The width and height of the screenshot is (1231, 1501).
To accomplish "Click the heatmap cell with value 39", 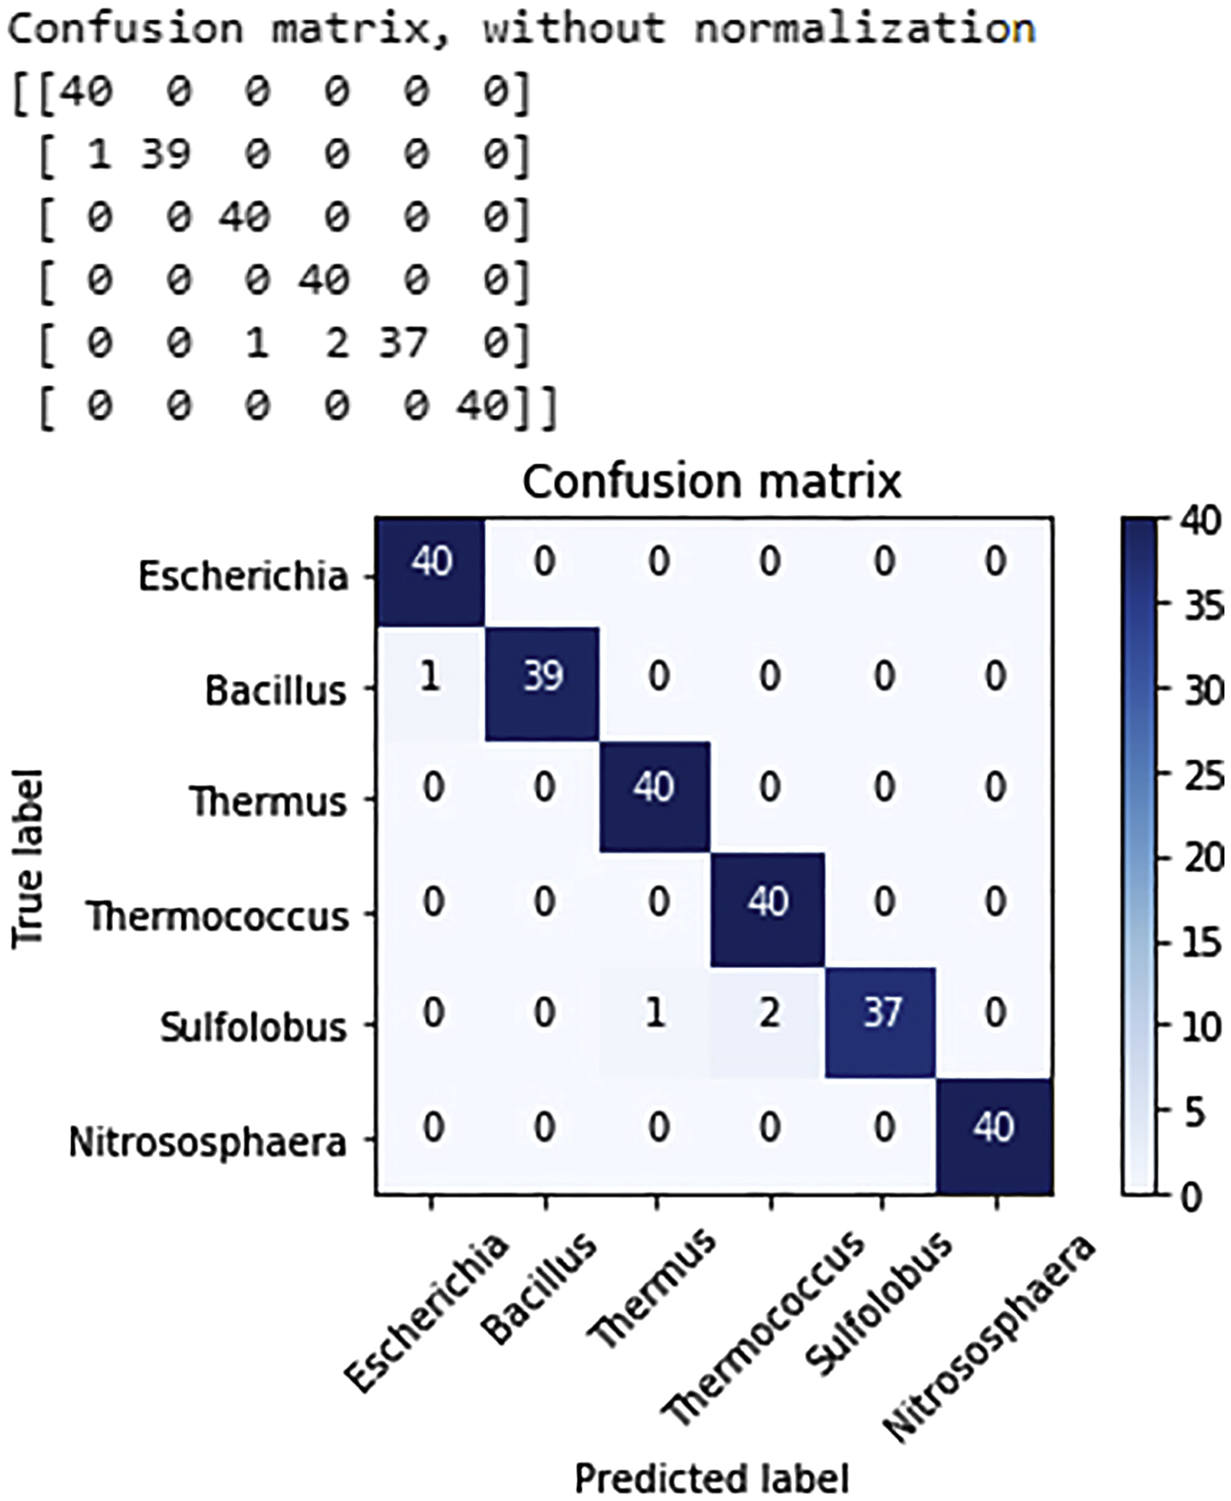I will pyautogui.click(x=543, y=685).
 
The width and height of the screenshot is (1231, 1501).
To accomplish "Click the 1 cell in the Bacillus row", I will pyautogui.click(x=430, y=685).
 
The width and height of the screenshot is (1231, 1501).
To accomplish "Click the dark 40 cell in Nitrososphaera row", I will pyautogui.click(x=993, y=1136).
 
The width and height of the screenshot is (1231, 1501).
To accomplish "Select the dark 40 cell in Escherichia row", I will pyautogui.click(x=430, y=571).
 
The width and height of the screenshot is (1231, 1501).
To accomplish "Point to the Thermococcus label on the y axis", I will pyautogui.click(x=218, y=916).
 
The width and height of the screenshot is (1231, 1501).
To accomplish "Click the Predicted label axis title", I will pyautogui.click(x=711, y=1478).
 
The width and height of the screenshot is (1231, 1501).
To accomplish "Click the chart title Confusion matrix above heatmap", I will pyautogui.click(x=711, y=481).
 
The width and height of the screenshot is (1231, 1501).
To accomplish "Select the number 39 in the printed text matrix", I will pyautogui.click(x=166, y=153).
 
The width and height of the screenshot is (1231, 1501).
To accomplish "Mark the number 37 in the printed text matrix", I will pyautogui.click(x=402, y=342).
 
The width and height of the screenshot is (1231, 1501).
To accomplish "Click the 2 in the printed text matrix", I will pyautogui.click(x=336, y=342).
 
